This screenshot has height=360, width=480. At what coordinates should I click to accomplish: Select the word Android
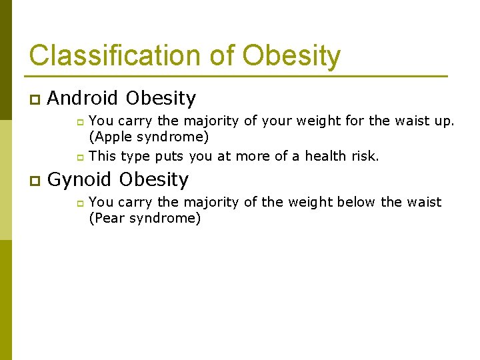pos(83,99)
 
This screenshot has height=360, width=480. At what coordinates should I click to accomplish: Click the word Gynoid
pos(80,180)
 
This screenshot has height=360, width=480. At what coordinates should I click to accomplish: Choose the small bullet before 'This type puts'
pos(77,157)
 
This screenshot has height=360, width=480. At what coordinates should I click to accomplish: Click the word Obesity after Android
pos(161,99)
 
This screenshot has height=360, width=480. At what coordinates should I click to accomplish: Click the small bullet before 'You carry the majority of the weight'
pos(77,203)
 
